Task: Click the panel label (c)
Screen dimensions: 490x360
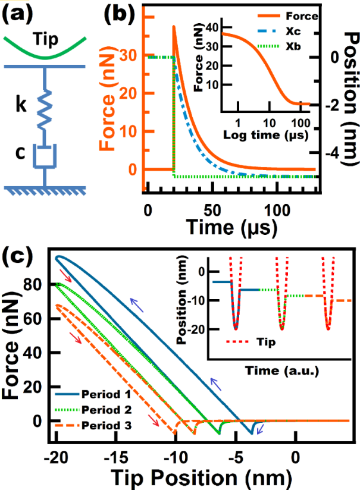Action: click(20, 257)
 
